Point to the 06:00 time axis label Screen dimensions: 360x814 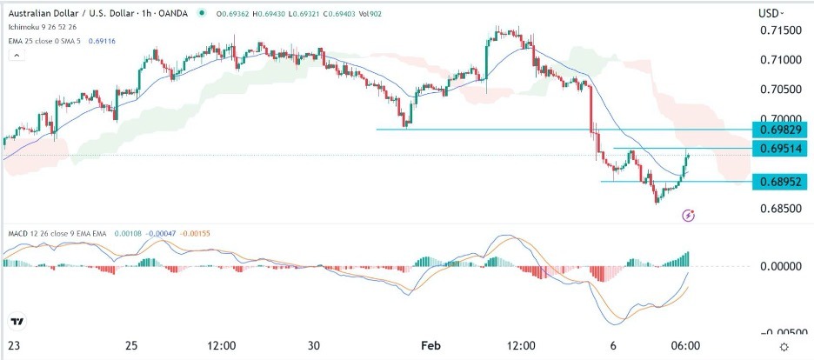coord(685,346)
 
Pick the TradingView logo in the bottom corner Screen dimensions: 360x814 coord(17,323)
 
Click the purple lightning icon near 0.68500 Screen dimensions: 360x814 coord(689,214)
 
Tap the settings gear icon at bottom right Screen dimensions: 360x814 coord(784,346)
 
